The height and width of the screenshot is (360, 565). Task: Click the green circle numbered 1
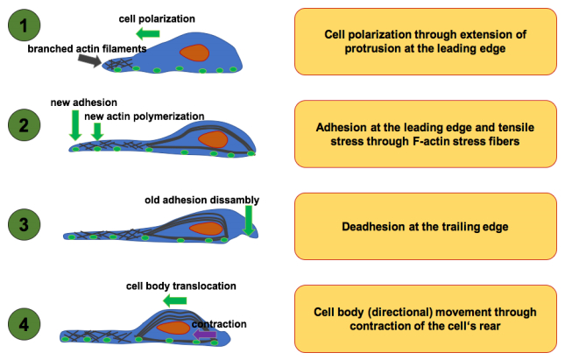pyautogui.click(x=24, y=25)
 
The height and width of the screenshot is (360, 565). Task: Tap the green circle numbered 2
pyautogui.click(x=24, y=124)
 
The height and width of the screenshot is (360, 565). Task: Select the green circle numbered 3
pyautogui.click(x=24, y=224)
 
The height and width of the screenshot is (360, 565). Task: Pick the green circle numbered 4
pyautogui.click(x=24, y=324)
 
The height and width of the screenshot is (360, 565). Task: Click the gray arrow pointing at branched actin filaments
pyautogui.click(x=89, y=60)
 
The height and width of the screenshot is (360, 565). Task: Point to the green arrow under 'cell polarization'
pyautogui.click(x=148, y=34)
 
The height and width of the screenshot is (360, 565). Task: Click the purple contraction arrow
pyautogui.click(x=205, y=335)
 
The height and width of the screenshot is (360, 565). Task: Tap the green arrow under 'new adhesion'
pyautogui.click(x=75, y=125)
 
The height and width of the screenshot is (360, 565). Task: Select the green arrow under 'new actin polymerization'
pyautogui.click(x=97, y=131)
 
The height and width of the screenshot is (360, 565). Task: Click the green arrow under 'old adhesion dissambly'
pyautogui.click(x=248, y=221)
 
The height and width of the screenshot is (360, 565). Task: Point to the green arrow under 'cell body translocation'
pyautogui.click(x=175, y=300)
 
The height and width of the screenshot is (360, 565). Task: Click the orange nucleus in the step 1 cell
pyautogui.click(x=194, y=53)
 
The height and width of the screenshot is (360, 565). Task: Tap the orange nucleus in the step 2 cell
pyautogui.click(x=214, y=139)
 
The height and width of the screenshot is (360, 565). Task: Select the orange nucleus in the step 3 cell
pyautogui.click(x=206, y=229)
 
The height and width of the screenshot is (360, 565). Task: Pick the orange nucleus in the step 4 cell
pyautogui.click(x=173, y=328)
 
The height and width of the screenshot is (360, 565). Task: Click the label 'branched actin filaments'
pyautogui.click(x=87, y=49)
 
